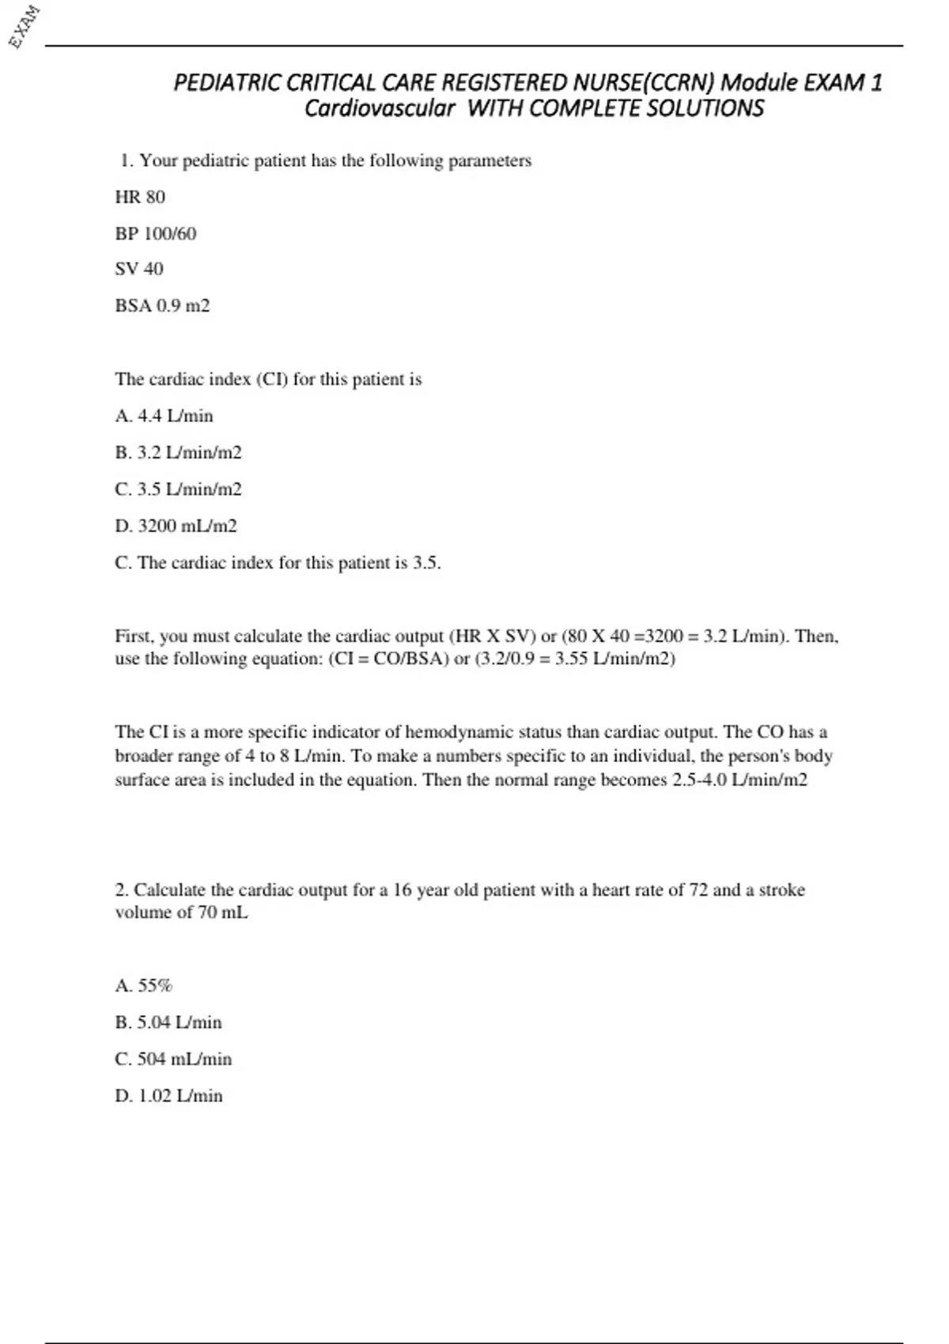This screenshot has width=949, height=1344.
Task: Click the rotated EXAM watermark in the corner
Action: [25, 27]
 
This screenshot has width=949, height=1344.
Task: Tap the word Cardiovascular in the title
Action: [380, 108]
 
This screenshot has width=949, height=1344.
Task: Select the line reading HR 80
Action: [140, 197]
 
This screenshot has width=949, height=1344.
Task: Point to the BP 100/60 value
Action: [156, 233]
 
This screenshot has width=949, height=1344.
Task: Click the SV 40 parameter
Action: [139, 269]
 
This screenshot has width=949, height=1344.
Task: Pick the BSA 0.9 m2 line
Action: [162, 305]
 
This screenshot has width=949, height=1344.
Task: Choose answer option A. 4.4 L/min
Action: [164, 416]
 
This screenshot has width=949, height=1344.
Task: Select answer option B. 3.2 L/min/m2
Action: [178, 452]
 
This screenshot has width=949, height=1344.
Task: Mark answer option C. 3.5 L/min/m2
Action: [178, 489]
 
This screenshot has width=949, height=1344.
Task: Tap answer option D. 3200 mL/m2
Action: [176, 526]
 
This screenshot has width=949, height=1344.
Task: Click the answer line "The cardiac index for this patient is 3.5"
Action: [278, 563]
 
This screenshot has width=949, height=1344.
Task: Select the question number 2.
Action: [122, 890]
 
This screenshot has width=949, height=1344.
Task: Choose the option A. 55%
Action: [143, 986]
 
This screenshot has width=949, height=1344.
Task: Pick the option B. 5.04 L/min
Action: [168, 1022]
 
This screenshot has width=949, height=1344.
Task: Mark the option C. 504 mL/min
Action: [173, 1059]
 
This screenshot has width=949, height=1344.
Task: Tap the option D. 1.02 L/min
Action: [168, 1096]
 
